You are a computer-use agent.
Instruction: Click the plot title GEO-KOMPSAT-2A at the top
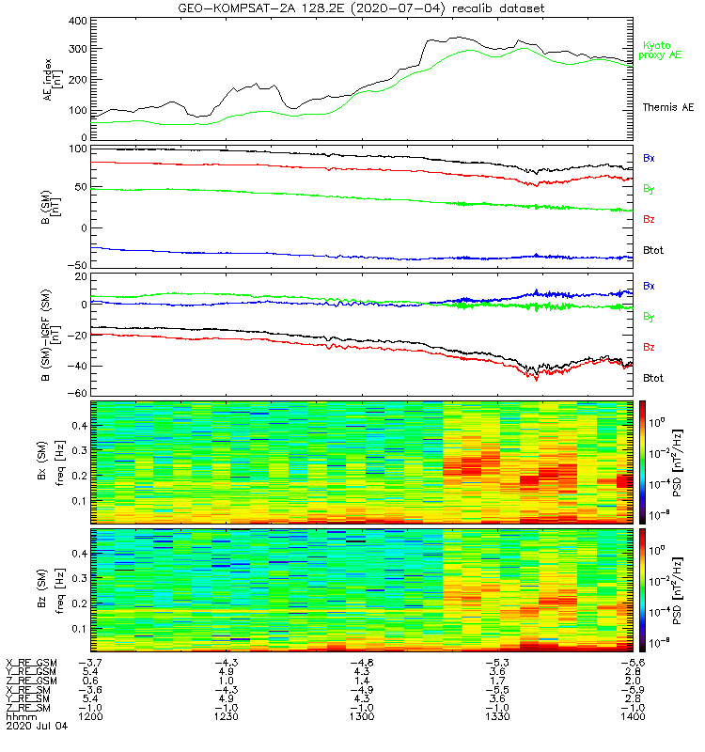tap(236, 8)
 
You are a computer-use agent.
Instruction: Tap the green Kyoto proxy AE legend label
tap(664, 50)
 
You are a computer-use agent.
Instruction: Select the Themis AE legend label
tap(667, 108)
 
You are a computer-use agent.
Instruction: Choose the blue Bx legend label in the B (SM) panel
tap(649, 158)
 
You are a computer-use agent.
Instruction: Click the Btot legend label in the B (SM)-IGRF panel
tap(654, 378)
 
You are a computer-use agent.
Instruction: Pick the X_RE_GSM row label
tap(31, 663)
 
